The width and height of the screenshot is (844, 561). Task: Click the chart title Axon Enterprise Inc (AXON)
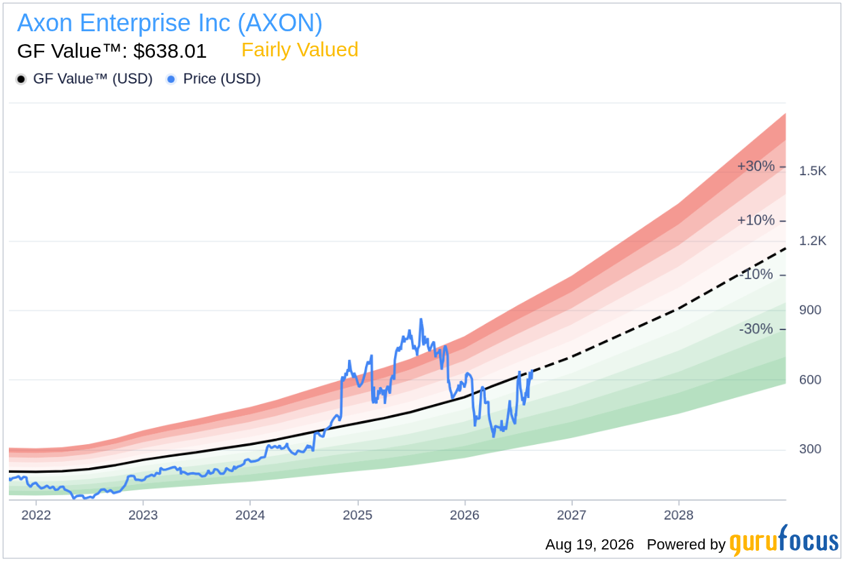point(170,23)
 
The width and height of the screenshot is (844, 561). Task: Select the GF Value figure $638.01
point(170,51)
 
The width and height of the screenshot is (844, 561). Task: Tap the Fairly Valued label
point(300,50)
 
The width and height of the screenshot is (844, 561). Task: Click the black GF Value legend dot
point(21,79)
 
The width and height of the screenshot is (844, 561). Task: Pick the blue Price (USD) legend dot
point(171,79)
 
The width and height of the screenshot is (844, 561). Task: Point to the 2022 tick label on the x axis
point(36,515)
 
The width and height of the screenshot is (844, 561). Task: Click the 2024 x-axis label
point(250,515)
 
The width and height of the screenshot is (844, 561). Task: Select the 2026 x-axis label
point(465,515)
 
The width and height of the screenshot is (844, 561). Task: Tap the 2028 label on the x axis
point(679,515)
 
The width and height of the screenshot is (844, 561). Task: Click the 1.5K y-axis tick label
point(812,171)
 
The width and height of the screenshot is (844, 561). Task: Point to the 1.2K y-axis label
point(812,240)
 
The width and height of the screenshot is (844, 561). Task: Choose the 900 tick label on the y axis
point(810,310)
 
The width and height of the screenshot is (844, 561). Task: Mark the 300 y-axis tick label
point(810,449)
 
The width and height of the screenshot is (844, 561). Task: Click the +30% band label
point(756,166)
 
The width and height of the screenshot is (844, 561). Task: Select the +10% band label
point(756,220)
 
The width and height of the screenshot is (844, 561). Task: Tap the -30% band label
point(756,329)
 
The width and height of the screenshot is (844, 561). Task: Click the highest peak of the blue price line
point(421,319)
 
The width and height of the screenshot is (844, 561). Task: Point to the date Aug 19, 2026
point(589,545)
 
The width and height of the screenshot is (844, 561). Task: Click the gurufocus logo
point(784,541)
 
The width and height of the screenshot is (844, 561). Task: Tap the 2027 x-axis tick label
point(572,515)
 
